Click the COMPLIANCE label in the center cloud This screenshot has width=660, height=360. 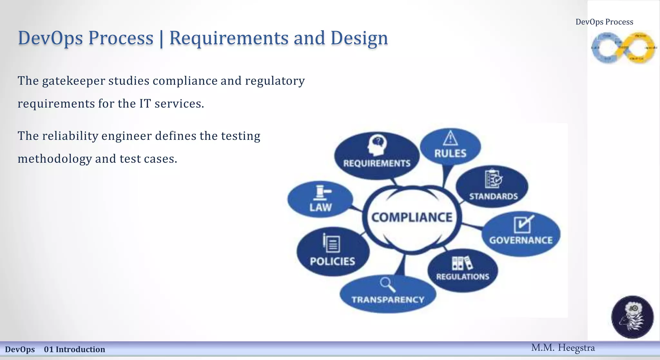tap(412, 217)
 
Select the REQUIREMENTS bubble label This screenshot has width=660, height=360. tap(377, 163)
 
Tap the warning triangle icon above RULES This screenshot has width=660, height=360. tap(450, 138)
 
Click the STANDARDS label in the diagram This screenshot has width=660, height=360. tap(493, 196)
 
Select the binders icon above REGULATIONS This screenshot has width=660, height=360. tap(462, 263)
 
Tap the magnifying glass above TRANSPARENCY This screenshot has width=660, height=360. tap(387, 285)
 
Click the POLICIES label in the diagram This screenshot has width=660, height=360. tap(332, 261)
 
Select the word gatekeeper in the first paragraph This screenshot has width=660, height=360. tap(73, 81)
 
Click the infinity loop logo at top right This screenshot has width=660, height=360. tap(623, 48)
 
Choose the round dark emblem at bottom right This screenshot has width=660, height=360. tap(632, 317)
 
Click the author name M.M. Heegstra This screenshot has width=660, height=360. tap(563, 348)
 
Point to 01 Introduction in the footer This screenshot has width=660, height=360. tap(74, 349)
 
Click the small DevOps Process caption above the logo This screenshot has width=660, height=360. tap(604, 22)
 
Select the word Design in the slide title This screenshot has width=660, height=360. tap(359, 38)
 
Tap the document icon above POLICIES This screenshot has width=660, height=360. tap(331, 243)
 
